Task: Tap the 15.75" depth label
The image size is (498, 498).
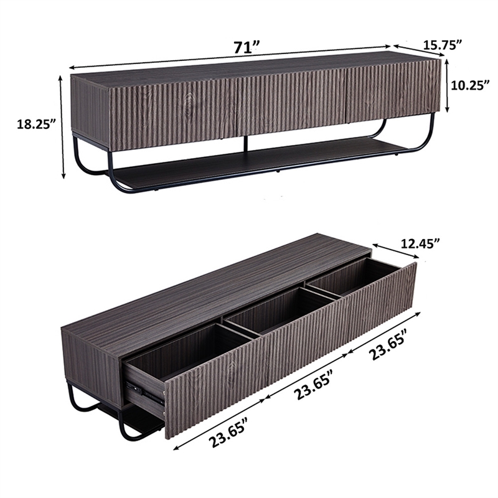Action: point(443,44)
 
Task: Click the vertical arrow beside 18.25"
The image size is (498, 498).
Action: point(62,127)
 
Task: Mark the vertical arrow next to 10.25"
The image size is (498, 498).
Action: point(446,87)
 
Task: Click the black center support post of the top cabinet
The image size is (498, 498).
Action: point(247,143)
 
